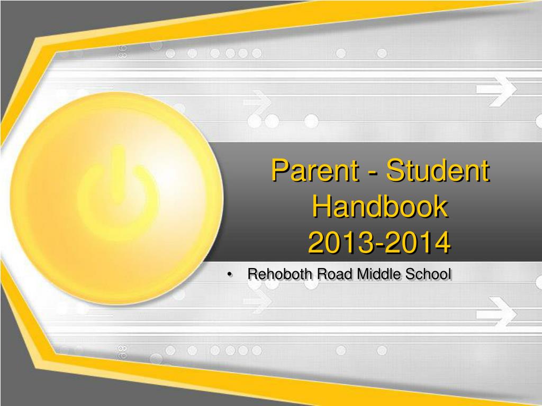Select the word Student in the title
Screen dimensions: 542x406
point(438,170)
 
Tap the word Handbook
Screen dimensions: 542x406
point(380,206)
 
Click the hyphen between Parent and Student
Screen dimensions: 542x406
point(373,173)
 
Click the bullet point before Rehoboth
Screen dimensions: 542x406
point(230,275)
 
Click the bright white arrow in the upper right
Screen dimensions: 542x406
point(496,89)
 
